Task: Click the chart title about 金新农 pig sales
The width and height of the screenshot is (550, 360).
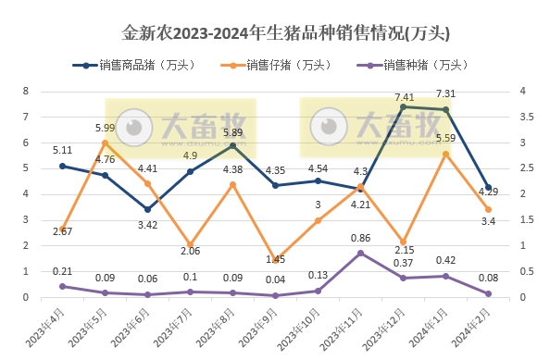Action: coord(274,33)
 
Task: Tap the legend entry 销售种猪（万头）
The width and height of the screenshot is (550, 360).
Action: coord(418,65)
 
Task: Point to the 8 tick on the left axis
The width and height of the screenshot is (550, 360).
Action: coord(26,91)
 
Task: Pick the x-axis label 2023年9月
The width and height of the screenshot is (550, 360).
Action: coord(262,328)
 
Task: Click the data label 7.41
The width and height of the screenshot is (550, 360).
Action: coord(404,96)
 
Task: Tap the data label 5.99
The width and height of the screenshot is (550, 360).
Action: coord(105,128)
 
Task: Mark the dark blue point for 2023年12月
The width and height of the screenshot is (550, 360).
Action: coord(404,107)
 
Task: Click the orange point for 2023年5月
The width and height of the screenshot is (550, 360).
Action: coord(105,143)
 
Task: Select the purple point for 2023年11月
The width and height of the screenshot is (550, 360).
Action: coord(361,253)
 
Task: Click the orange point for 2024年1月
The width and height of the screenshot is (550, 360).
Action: coord(446,154)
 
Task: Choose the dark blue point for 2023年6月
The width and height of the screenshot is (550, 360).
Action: coord(147,209)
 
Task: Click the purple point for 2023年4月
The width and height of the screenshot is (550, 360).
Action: coord(62,286)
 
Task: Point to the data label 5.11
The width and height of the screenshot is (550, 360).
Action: coord(62,150)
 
